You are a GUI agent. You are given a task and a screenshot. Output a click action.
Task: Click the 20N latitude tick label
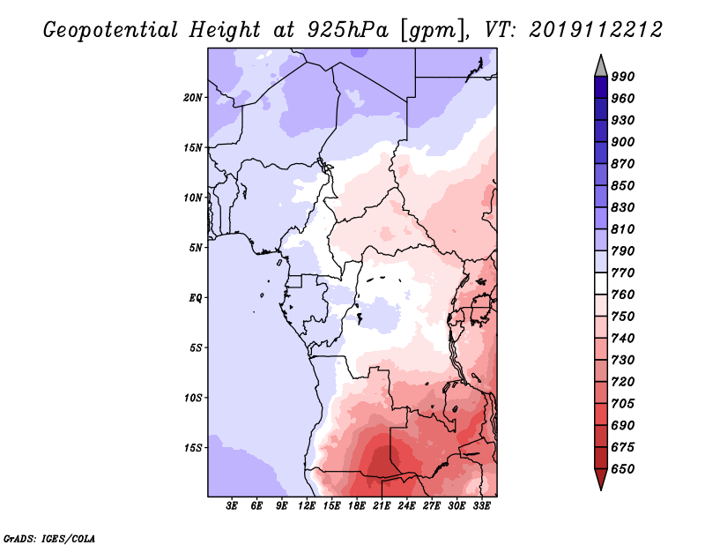pyautogui.click(x=193, y=97)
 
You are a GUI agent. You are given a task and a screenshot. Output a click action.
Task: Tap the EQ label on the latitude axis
pyautogui.click(x=196, y=297)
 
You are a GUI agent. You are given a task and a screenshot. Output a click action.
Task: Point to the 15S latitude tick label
pyautogui.click(x=193, y=447)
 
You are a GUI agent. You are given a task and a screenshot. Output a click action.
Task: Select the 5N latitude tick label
pyautogui.click(x=196, y=247)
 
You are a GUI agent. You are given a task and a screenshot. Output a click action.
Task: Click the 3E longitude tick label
pyautogui.click(x=233, y=506)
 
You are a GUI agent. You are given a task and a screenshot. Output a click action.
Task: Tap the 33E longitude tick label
pyautogui.click(x=481, y=506)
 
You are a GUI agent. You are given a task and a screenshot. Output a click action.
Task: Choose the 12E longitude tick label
pyautogui.click(x=307, y=506)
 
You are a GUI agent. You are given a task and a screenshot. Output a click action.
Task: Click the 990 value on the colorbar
pyautogui.click(x=623, y=77)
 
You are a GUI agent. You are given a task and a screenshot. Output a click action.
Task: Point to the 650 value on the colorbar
pyautogui.click(x=623, y=469)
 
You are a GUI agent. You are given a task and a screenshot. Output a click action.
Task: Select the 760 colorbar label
pyautogui.click(x=623, y=295)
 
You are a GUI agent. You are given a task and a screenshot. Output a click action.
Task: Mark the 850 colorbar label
pyautogui.click(x=623, y=186)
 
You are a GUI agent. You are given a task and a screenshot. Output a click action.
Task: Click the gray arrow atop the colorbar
pyautogui.click(x=601, y=64)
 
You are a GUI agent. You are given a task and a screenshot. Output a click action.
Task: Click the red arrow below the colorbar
pyautogui.click(x=601, y=480)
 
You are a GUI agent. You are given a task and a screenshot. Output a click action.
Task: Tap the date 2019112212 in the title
pyautogui.click(x=597, y=30)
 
